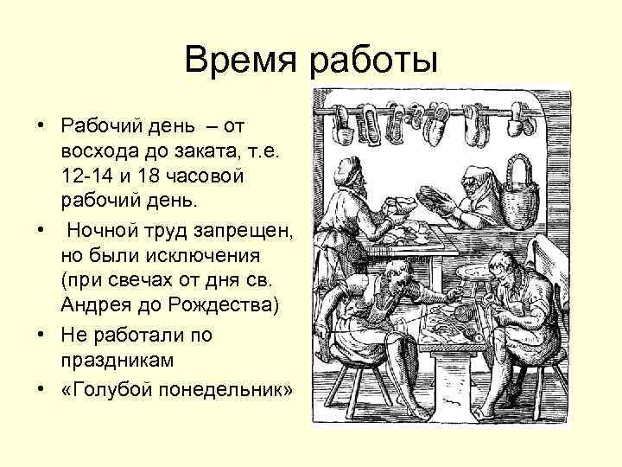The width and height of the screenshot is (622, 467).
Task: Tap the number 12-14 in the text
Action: pyautogui.click(x=86, y=176)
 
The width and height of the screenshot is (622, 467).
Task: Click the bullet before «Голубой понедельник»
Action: pyautogui.click(x=41, y=390)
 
